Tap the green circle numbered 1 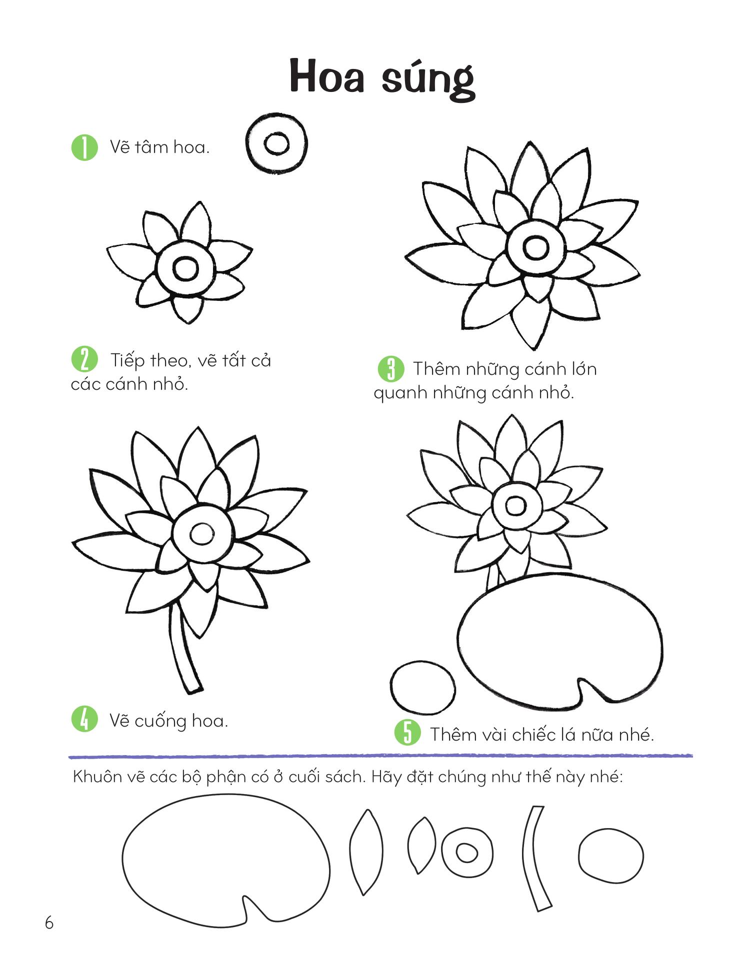coord(85,147)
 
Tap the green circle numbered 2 coord(85,360)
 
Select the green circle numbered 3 coord(391,369)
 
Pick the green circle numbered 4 coord(85,719)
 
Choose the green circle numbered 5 coord(407,733)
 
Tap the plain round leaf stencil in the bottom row coord(611,856)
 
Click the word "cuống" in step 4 coord(161,721)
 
